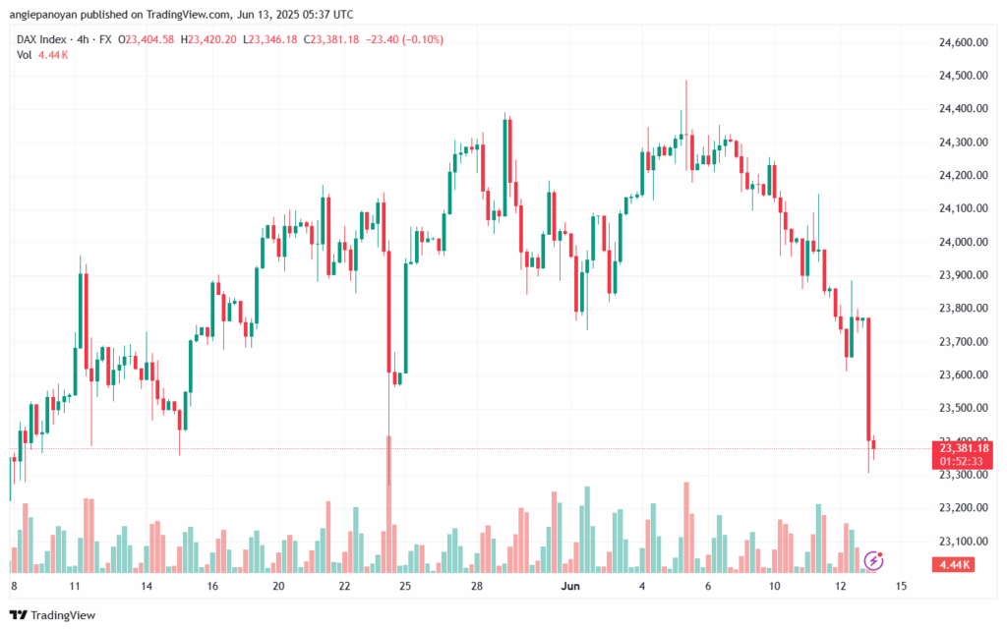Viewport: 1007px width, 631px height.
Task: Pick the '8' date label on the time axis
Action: [x=13, y=586]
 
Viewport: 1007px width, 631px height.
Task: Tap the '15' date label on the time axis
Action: [x=901, y=586]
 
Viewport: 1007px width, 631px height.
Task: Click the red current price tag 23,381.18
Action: [x=965, y=448]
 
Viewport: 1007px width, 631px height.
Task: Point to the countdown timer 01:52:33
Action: [x=965, y=460]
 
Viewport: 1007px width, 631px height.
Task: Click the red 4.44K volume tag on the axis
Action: [x=956, y=564]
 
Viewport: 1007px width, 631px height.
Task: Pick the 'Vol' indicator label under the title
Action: [x=25, y=54]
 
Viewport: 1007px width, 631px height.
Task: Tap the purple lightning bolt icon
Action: [x=873, y=560]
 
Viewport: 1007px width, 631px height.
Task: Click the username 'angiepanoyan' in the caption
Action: [x=47, y=15]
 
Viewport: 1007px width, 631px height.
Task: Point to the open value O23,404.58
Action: [x=146, y=39]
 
